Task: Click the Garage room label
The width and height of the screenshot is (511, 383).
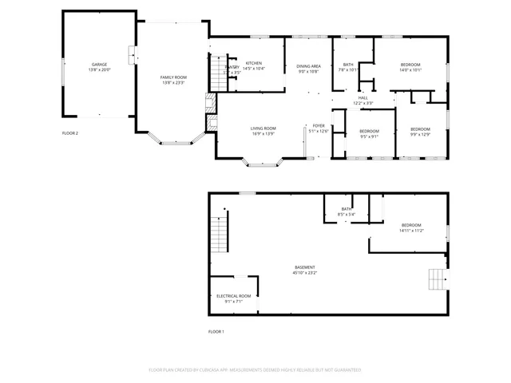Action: coord(99,65)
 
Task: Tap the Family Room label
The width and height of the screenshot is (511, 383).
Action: coord(172,78)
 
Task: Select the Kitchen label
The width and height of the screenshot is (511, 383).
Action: coord(253,65)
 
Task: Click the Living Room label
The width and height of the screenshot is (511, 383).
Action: coord(263,130)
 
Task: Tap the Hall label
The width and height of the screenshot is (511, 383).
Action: coord(362,99)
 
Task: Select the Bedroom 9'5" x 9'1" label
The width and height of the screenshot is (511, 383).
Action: coord(368,132)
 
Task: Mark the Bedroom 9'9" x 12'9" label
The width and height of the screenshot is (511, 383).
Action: coord(420,131)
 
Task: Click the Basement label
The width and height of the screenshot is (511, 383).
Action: coord(304,269)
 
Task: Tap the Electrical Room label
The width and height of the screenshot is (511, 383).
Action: coord(233,298)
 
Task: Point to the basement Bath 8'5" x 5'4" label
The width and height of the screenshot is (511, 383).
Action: coord(347,211)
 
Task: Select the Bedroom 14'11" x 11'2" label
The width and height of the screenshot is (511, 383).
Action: coord(411,227)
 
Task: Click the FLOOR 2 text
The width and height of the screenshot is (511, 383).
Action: coord(70,132)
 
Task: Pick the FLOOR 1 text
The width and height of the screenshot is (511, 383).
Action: coord(216,331)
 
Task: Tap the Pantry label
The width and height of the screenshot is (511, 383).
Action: coord(232,68)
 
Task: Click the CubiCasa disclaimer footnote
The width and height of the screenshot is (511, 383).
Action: coord(255,369)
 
